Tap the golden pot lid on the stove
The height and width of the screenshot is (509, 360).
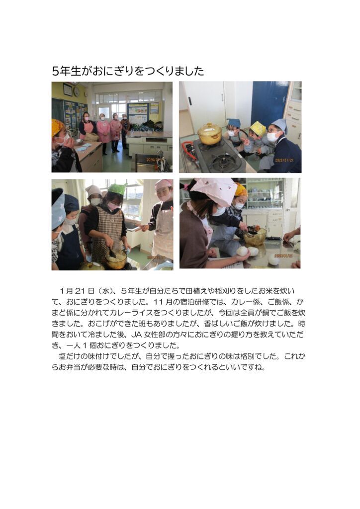point(210,128)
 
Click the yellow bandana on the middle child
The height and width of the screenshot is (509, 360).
point(258,128)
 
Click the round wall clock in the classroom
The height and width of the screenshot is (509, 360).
point(77,92)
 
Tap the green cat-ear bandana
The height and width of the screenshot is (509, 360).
point(117,189)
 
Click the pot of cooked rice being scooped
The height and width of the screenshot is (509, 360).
point(116,258)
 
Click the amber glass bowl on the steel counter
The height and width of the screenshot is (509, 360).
point(255,236)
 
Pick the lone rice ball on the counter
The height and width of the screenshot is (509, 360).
point(274,259)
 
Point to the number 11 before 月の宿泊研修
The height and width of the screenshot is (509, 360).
point(159,302)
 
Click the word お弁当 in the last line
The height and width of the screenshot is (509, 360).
point(70,367)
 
